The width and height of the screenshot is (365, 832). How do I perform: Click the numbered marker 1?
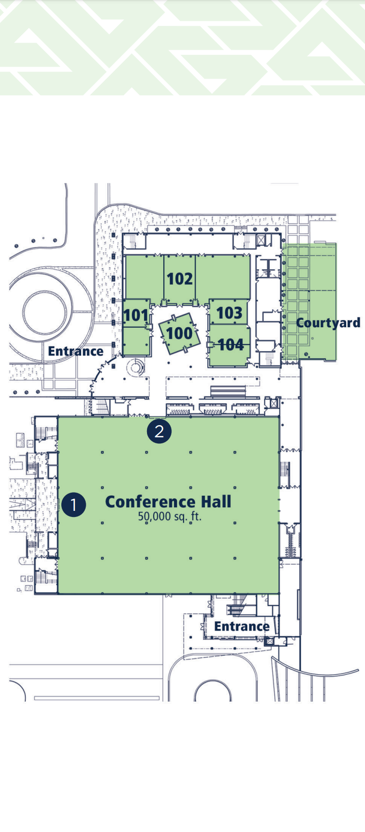74,504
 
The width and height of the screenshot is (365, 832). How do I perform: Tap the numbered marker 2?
159,431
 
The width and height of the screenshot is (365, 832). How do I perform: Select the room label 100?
179,333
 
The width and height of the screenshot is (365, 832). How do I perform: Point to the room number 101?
136,316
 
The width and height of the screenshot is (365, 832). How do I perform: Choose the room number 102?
179,279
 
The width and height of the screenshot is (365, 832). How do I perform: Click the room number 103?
229,313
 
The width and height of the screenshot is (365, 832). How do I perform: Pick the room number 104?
231,345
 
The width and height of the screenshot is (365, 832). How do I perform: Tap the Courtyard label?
328,323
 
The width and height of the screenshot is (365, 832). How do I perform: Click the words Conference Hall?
168,502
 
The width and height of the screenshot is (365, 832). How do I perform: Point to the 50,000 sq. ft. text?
170,517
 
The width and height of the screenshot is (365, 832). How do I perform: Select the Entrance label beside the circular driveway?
76,351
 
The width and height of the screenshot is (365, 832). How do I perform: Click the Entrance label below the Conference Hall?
242,626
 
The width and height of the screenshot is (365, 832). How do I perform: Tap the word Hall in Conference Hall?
216,502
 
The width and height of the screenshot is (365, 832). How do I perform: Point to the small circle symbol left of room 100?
136,367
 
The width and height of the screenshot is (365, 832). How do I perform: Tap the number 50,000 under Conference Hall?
155,517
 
